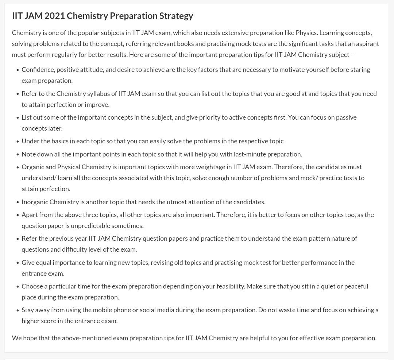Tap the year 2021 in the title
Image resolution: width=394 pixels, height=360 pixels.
[x=55, y=16]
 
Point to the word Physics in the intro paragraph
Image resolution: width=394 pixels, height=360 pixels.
[x=306, y=33]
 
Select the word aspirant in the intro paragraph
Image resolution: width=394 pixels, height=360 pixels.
[x=367, y=44]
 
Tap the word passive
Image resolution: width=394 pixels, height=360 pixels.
[x=345, y=117]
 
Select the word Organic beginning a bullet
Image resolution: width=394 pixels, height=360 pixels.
[x=33, y=167]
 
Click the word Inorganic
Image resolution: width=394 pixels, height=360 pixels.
[x=35, y=202]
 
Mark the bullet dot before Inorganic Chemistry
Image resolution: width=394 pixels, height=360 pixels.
[x=18, y=202]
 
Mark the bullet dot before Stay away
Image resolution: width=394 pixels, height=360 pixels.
[x=18, y=310]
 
